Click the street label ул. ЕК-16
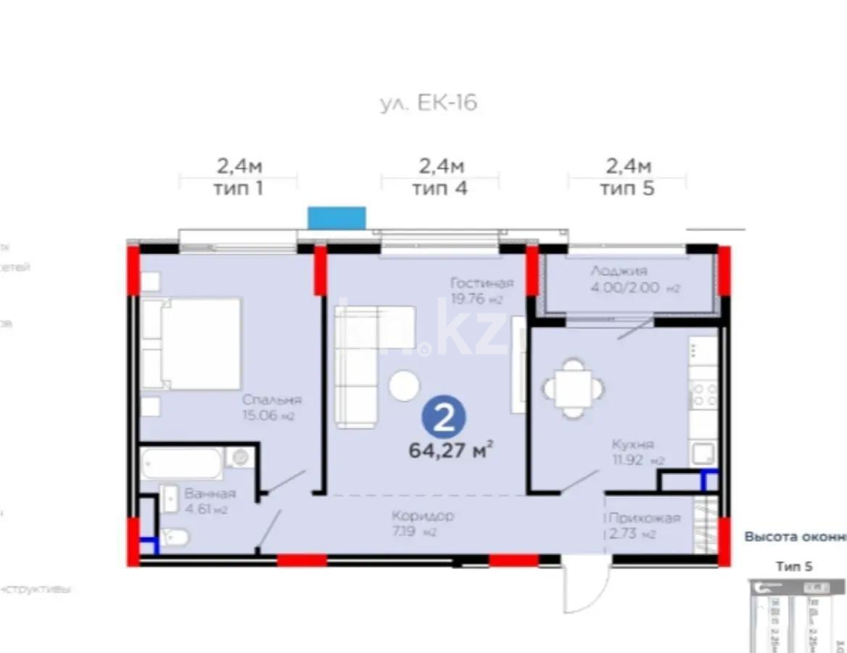pyautogui.click(x=429, y=103)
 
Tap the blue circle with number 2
pyautogui.click(x=444, y=416)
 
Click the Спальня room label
pyautogui.click(x=272, y=400)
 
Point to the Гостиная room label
pyautogui.click(x=481, y=283)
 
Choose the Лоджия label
pyautogui.click(x=619, y=271)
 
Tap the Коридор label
pyautogui.click(x=423, y=517)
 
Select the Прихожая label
pyautogui.click(x=644, y=518)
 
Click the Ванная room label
pyautogui.click(x=210, y=493)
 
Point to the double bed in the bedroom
pyautogui.click(x=191, y=343)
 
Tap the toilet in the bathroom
pyautogui.click(x=175, y=537)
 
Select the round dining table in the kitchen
pyautogui.click(x=573, y=388)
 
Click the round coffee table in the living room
pyautogui.click(x=404, y=385)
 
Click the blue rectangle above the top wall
pyautogui.click(x=336, y=218)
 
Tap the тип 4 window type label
pyautogui.click(x=440, y=189)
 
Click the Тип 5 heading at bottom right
pyautogui.click(x=794, y=567)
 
